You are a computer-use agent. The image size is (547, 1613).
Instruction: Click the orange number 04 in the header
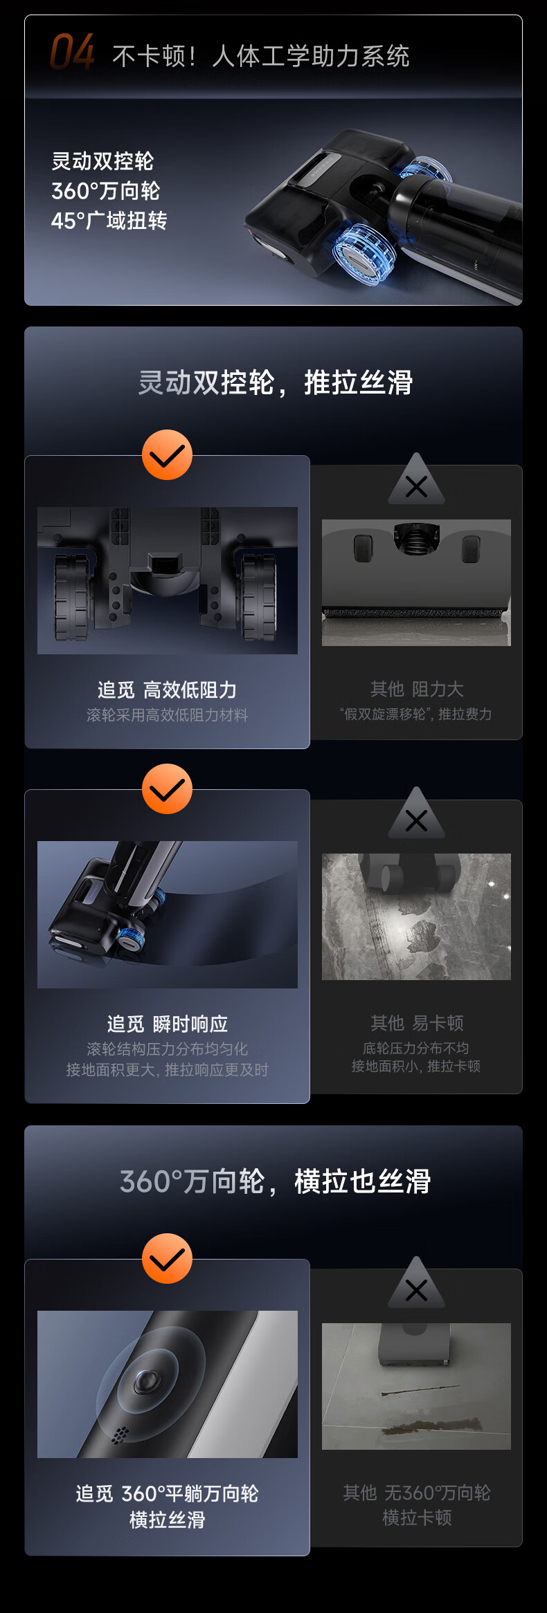coord(72,53)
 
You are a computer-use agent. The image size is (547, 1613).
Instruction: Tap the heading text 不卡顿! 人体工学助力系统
coord(260,56)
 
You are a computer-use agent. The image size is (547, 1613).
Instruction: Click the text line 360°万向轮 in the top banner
coord(105,191)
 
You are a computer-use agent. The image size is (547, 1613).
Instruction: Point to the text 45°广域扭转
coord(109,221)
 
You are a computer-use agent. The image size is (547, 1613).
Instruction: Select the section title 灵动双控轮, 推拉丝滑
coord(275,382)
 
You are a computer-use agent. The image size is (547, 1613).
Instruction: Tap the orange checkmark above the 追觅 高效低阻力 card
coord(167,454)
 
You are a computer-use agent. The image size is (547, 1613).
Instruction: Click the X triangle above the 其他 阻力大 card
coord(416,480)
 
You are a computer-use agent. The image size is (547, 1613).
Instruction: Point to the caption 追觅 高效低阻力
coord(167,690)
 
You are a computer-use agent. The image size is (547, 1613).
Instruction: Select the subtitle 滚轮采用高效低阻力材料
coord(167,715)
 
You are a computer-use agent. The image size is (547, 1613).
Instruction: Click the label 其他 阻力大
coord(416,689)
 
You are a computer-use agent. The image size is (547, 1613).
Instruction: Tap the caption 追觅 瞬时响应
coord(167,1024)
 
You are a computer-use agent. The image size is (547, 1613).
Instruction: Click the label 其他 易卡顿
coord(416,1023)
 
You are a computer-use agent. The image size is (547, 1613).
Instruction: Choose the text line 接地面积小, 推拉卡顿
coord(415,1066)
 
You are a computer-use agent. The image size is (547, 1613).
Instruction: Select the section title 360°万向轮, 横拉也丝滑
coord(275,1181)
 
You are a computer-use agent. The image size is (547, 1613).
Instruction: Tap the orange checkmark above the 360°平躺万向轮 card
coord(167,1258)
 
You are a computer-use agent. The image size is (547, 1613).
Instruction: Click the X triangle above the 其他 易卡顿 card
coord(416,814)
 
